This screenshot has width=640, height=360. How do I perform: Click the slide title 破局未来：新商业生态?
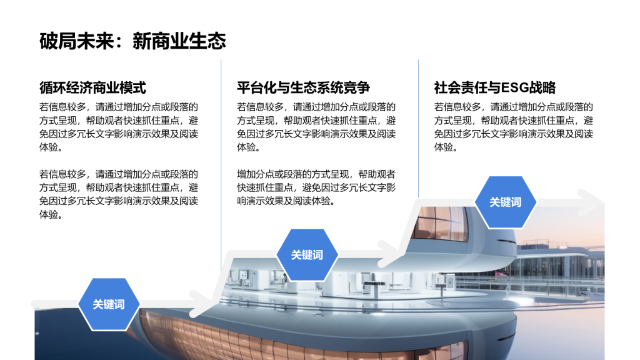(x=132, y=41)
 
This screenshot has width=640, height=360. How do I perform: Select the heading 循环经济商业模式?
(x=92, y=87)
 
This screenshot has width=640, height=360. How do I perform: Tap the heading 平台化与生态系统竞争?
(x=303, y=87)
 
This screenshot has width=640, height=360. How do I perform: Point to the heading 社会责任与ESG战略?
(x=495, y=87)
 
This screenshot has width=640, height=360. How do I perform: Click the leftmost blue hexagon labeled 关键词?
(x=109, y=304)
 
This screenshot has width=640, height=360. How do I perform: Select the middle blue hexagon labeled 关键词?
(x=307, y=254)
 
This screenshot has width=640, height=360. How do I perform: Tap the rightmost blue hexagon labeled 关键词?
(x=505, y=202)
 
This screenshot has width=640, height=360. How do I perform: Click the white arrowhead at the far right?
(x=591, y=202)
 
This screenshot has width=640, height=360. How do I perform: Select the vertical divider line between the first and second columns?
(x=221, y=156)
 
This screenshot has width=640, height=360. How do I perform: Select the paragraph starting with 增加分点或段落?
(x=316, y=187)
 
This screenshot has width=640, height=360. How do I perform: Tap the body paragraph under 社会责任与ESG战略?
(x=513, y=127)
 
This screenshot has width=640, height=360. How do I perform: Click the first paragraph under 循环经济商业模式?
(x=119, y=127)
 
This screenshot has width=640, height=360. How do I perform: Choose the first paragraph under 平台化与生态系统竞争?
(x=316, y=127)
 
